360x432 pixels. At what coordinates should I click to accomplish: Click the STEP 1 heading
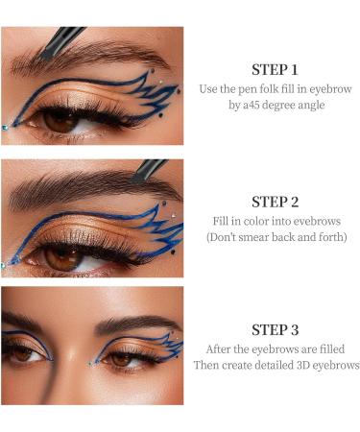[275, 69]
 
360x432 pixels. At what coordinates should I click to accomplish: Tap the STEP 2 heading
[275, 202]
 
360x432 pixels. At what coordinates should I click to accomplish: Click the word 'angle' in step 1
[306, 105]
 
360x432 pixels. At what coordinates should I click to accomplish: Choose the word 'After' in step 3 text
[222, 349]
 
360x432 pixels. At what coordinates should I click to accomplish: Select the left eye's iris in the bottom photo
[23, 353]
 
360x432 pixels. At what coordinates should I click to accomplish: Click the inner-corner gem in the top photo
[5, 126]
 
